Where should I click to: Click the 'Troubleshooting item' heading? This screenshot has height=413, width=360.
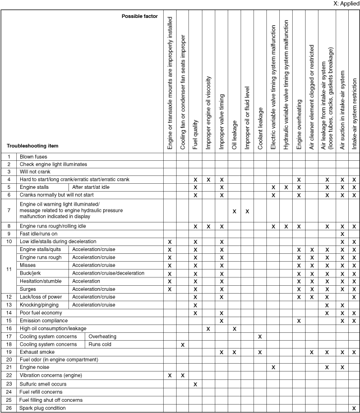[x=33, y=146]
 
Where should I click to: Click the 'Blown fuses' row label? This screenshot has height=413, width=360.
[x=35, y=156]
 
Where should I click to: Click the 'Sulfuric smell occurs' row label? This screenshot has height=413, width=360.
[x=44, y=384]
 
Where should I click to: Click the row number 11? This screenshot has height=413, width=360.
[x=9, y=269]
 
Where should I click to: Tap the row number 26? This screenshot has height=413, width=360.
[x=9, y=408]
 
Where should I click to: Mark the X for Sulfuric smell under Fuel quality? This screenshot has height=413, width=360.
[x=195, y=384]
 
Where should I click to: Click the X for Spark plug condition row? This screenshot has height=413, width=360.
[x=353, y=408]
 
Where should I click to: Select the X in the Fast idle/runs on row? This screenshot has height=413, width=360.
[x=341, y=233]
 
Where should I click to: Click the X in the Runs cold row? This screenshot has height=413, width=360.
[x=183, y=344]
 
